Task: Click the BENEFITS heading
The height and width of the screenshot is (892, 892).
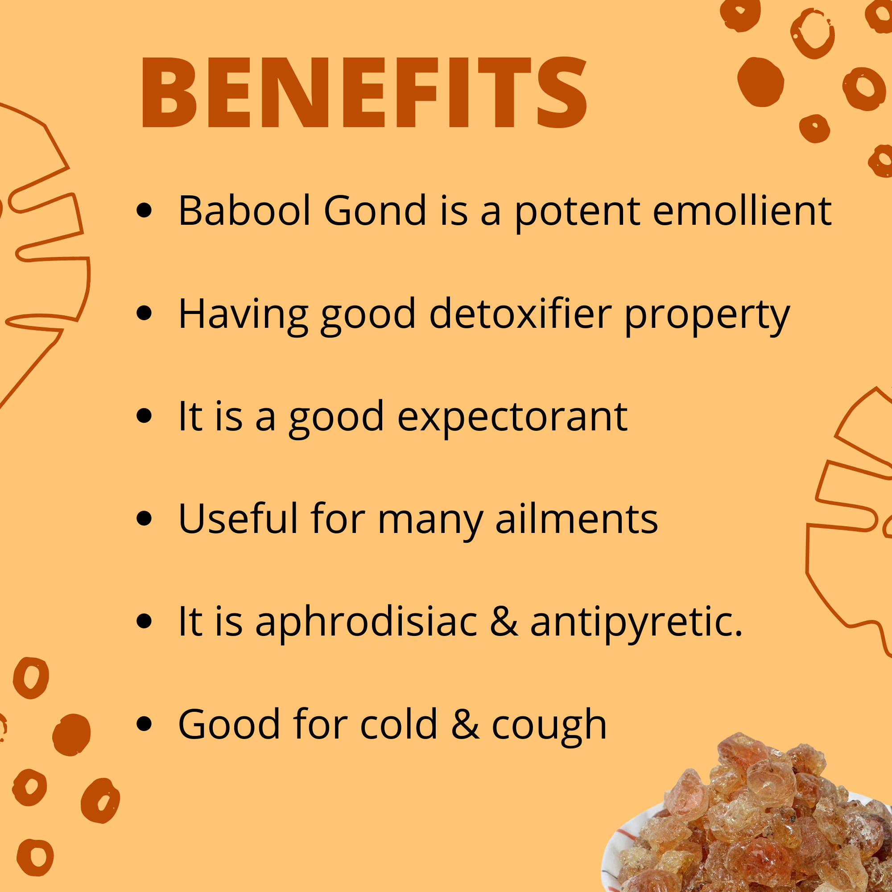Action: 364,92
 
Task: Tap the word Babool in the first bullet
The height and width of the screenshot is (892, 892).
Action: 245,211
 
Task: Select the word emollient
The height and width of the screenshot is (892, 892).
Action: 742,211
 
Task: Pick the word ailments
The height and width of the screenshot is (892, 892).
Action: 576,519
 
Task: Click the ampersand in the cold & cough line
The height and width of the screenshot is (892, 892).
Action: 465,724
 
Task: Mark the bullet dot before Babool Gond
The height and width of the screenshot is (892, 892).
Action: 145,210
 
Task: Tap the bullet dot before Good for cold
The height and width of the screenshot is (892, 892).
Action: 145,724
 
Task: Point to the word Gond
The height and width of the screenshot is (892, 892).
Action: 375,211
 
